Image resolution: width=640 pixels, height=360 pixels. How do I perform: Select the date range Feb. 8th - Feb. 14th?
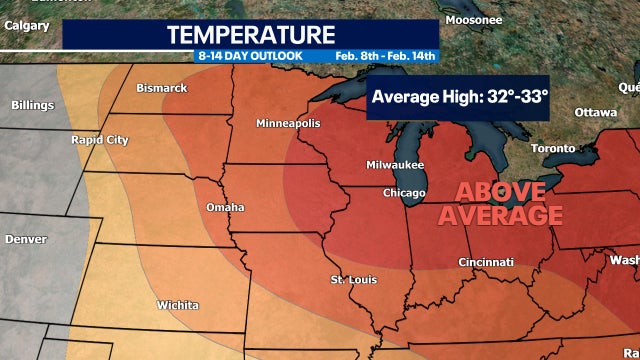pyautogui.click(x=387, y=56)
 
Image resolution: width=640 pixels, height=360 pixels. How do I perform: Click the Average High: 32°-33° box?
pyautogui.click(x=459, y=97)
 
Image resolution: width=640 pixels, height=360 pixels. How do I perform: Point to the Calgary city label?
pyautogui.click(x=27, y=27)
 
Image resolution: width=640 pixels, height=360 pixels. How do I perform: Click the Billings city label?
pyautogui.click(x=33, y=105)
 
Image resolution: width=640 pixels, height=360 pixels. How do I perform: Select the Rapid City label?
pyautogui.click(x=99, y=140)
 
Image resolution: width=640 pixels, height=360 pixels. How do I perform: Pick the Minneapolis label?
pyautogui.click(x=288, y=123)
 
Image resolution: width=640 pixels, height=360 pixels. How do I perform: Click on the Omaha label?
pyautogui.click(x=225, y=207)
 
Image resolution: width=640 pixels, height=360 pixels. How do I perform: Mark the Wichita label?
pyautogui.click(x=177, y=305)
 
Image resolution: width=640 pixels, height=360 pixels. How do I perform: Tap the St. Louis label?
pyautogui.click(x=354, y=279)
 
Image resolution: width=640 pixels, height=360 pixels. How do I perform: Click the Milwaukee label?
pyautogui.click(x=395, y=165)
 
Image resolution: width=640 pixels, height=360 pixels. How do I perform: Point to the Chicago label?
pyautogui.click(x=405, y=192)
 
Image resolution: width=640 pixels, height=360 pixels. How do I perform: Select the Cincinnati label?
pyautogui.click(x=486, y=262)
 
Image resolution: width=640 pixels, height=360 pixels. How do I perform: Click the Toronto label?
pyautogui.click(x=553, y=148)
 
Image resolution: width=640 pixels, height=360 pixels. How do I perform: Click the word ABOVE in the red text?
pyautogui.click(x=501, y=192)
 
